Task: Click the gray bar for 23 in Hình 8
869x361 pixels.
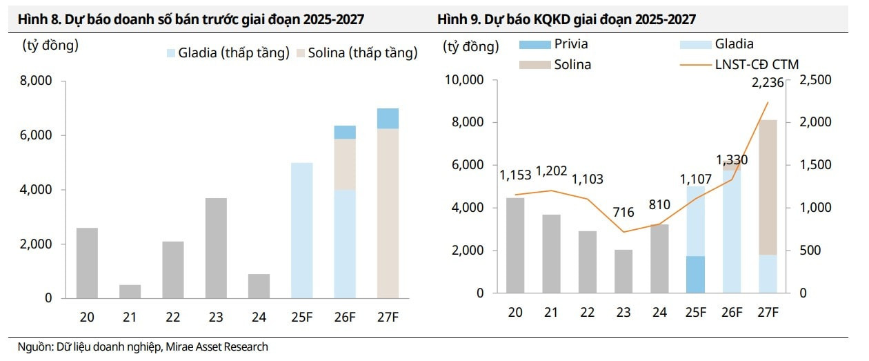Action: [x=217, y=248]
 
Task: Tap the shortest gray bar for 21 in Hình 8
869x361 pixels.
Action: [x=130, y=291]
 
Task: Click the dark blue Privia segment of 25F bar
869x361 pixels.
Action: [x=696, y=275]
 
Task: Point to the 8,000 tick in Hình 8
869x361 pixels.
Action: [x=38, y=81]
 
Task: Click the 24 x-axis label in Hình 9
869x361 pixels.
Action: [x=660, y=312]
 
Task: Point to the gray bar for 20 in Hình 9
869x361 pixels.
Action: [x=515, y=245]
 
